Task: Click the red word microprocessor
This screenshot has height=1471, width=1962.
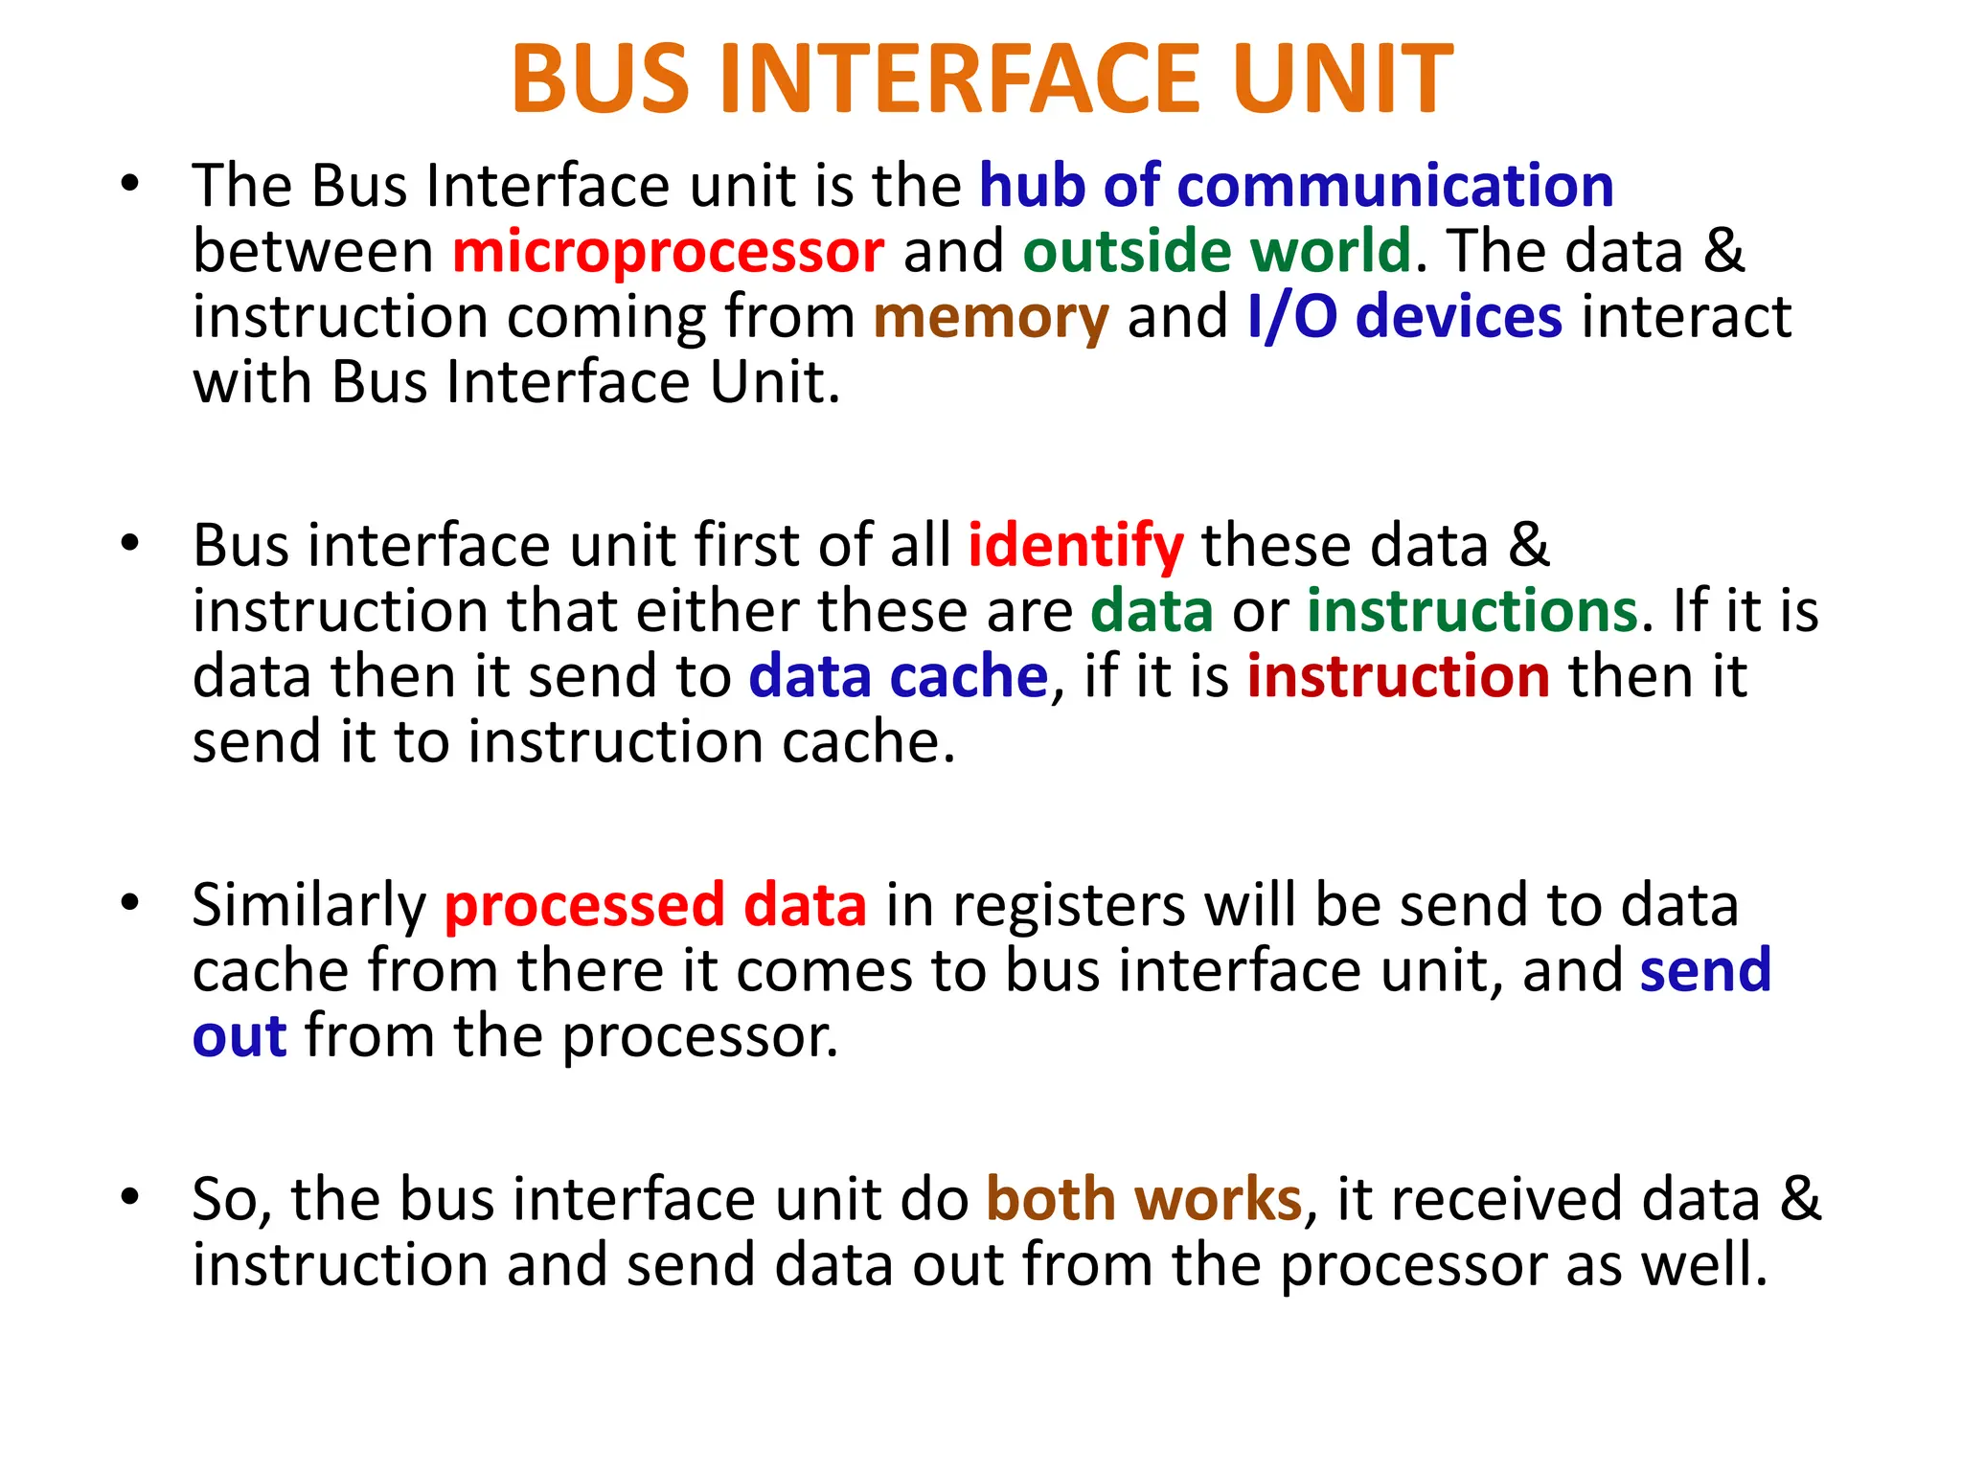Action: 668,251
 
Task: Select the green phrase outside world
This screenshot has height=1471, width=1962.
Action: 1217,251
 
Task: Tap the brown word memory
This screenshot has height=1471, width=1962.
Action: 991,317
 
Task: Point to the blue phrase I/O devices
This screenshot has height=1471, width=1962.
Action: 1404,317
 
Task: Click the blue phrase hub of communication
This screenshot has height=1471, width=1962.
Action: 1296,185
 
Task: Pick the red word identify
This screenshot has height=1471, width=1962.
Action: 1076,546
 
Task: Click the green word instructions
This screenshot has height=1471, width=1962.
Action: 1472,611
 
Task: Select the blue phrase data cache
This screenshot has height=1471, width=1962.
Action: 899,676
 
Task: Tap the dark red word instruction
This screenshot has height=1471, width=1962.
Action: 1399,676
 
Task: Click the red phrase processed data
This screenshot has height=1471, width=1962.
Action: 655,905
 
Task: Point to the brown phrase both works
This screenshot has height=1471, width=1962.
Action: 1144,1199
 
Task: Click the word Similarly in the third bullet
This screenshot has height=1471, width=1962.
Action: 308,905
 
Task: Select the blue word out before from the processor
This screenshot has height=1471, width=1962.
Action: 240,1037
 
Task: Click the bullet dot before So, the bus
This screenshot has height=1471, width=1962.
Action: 130,1196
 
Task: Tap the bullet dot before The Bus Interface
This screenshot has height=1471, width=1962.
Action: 130,182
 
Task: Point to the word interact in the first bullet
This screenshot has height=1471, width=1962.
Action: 1686,317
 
